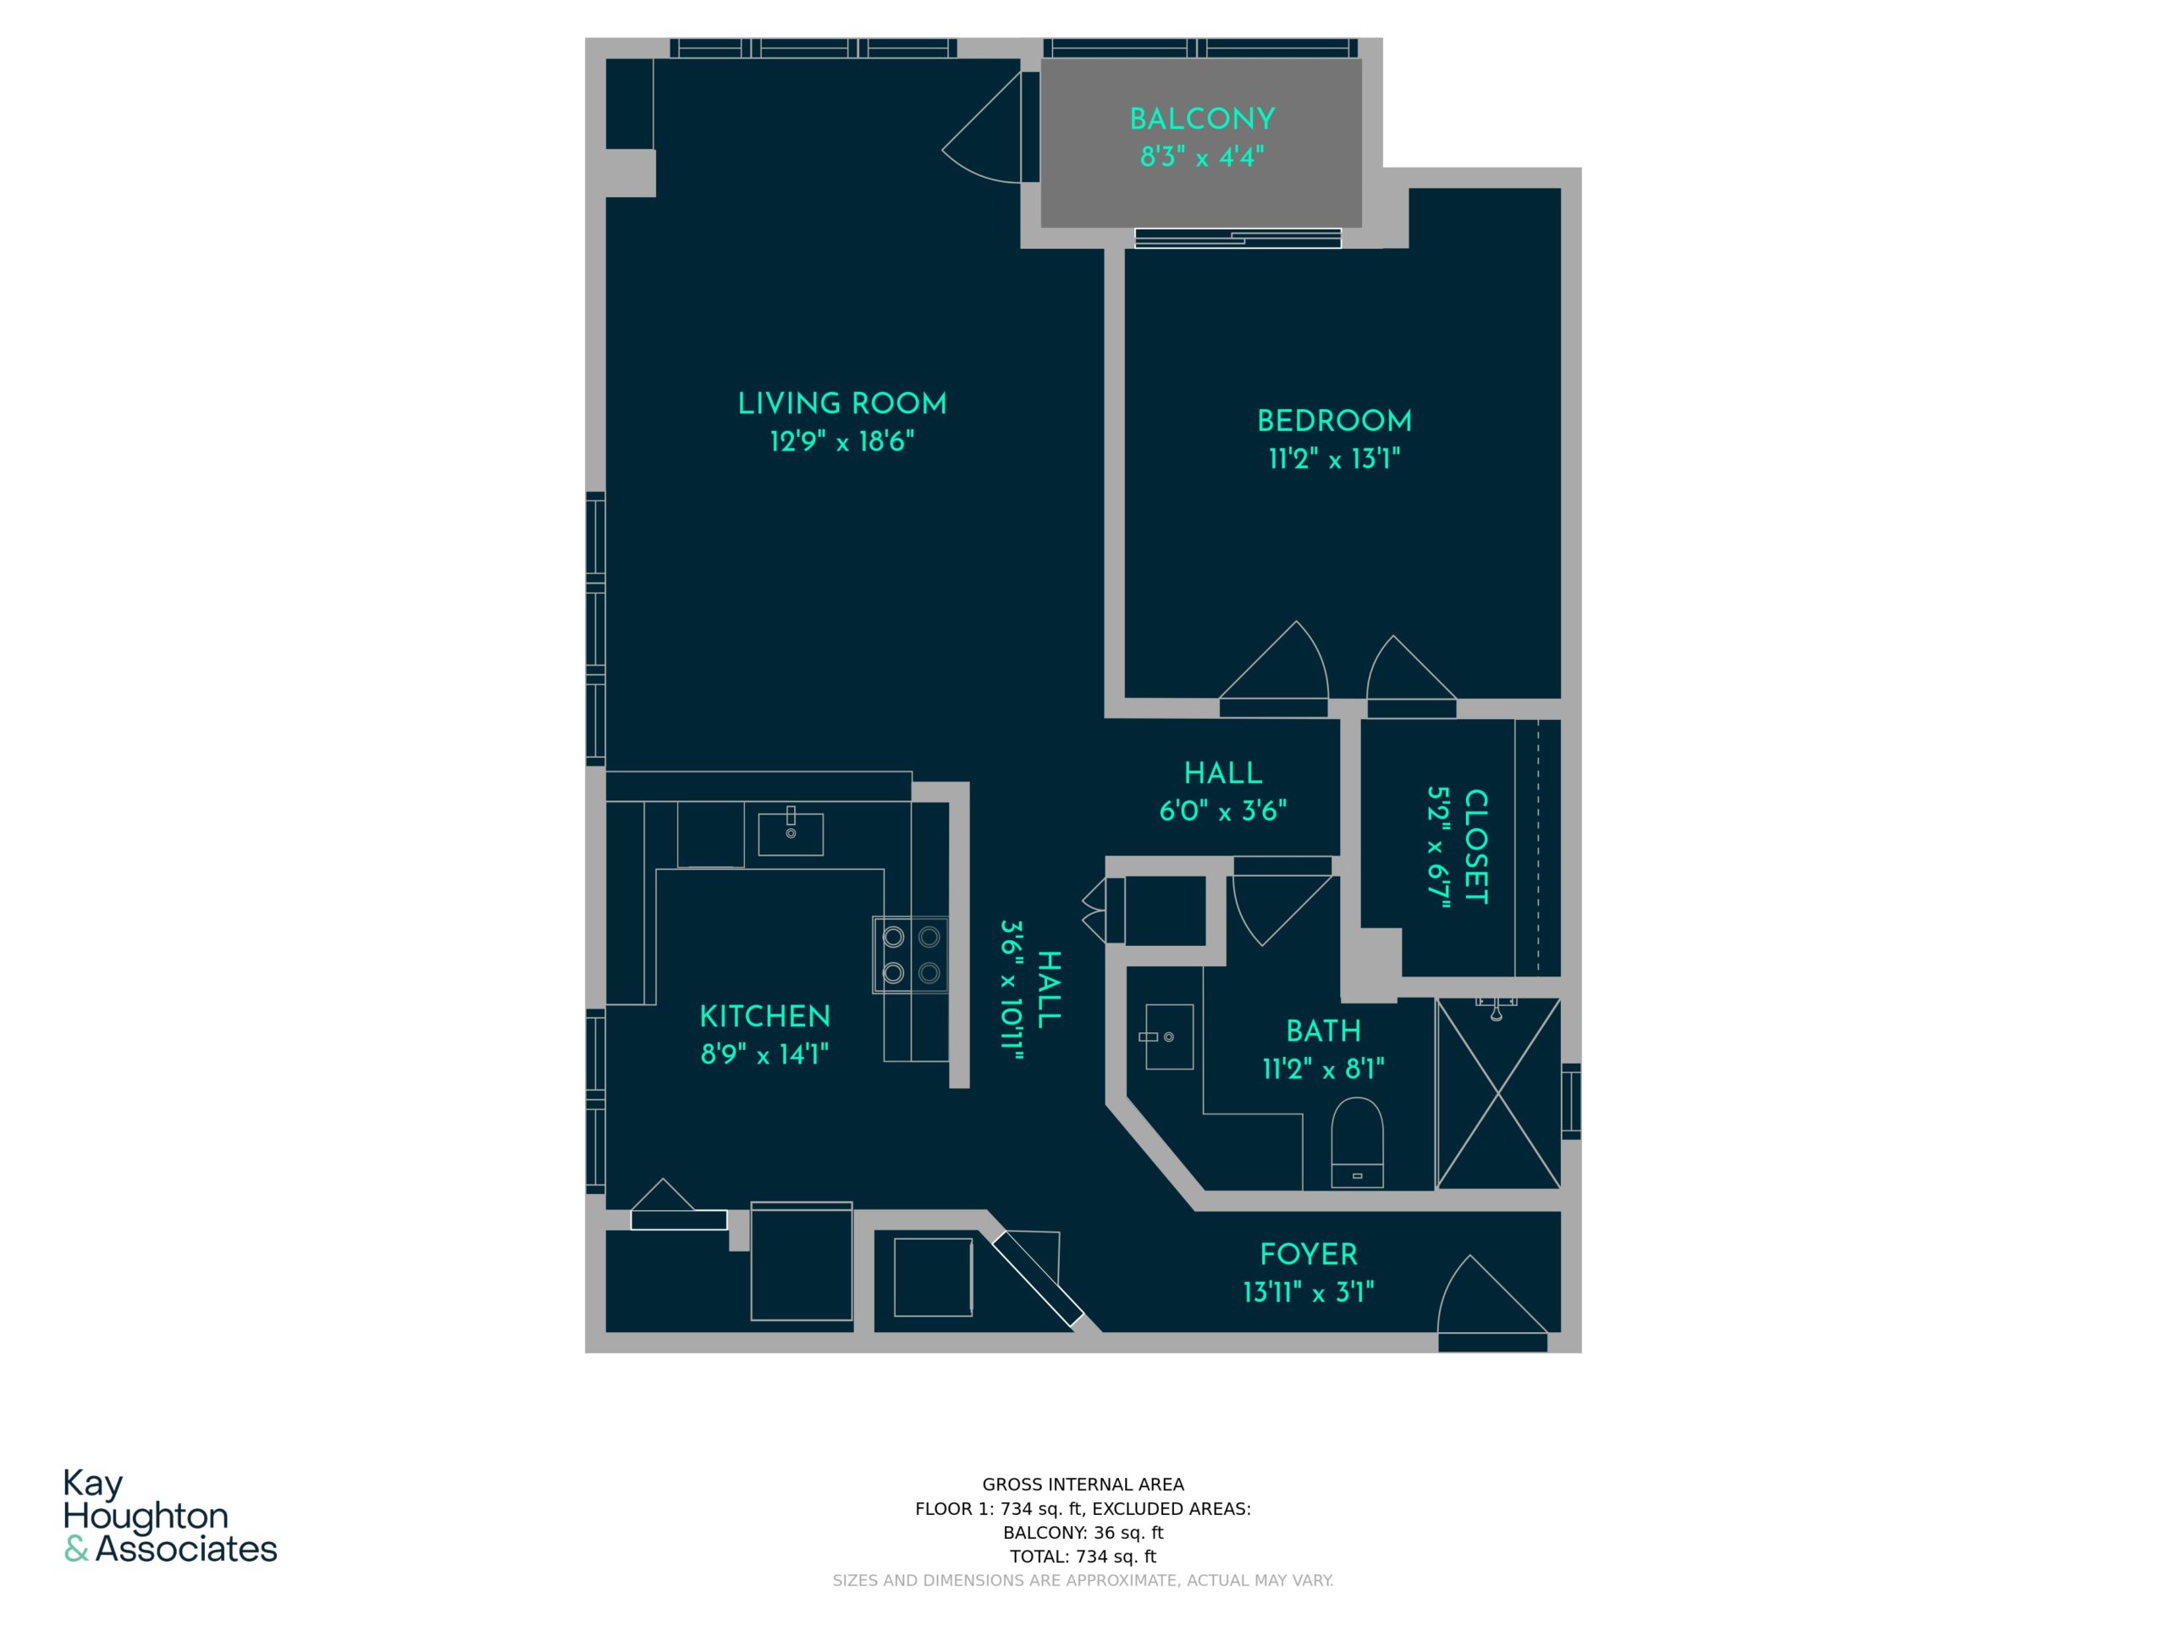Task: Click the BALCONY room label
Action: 1202,119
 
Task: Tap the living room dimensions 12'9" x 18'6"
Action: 842,442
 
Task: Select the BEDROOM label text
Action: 1334,422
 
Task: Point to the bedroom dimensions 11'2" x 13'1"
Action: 1334,459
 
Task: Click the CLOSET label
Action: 1475,847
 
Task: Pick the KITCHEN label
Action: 765,1016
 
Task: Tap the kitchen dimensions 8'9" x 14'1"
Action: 765,1054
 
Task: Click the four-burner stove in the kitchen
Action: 911,954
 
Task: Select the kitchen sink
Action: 791,834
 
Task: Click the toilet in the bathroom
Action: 1357,1142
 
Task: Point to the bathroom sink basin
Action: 1169,1037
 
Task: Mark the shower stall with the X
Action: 1498,1094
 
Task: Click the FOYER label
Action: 1309,1254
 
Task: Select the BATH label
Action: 1324,1031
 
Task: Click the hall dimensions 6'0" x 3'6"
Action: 1222,810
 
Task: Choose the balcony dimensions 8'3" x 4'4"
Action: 1202,157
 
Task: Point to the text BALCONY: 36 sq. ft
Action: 1083,1533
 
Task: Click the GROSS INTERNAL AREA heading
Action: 1083,1485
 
